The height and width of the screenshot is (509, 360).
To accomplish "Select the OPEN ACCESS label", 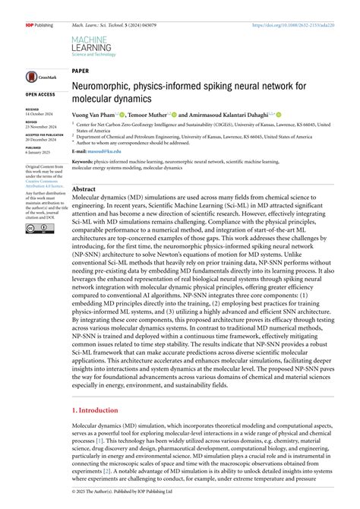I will pos(41,94).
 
